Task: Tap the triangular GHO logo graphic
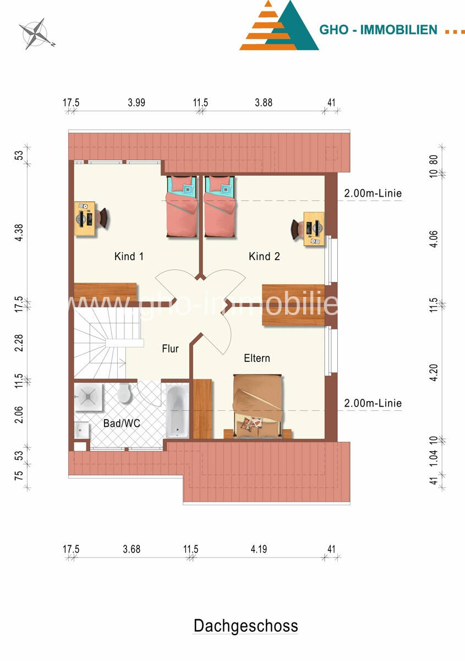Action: coord(279,25)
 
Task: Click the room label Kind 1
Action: coord(129,257)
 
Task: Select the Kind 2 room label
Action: coord(264,257)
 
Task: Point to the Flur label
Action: coord(170,349)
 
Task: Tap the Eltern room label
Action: coord(257,358)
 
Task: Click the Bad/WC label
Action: coord(122,424)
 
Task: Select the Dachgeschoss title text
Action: coord(245,626)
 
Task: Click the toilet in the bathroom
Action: coord(124,393)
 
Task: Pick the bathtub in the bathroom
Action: coord(177,410)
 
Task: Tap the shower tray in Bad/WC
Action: coord(88,397)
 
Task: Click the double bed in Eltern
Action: coord(258,406)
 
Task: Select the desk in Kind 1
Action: coord(85,219)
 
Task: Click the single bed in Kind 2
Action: coord(220,206)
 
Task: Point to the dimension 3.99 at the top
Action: coord(136,102)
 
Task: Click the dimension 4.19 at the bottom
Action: coord(259,549)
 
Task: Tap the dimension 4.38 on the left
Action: coord(19,232)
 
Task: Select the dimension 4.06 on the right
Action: coord(434,239)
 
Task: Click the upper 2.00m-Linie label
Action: coord(373,193)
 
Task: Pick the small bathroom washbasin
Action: coord(81,431)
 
